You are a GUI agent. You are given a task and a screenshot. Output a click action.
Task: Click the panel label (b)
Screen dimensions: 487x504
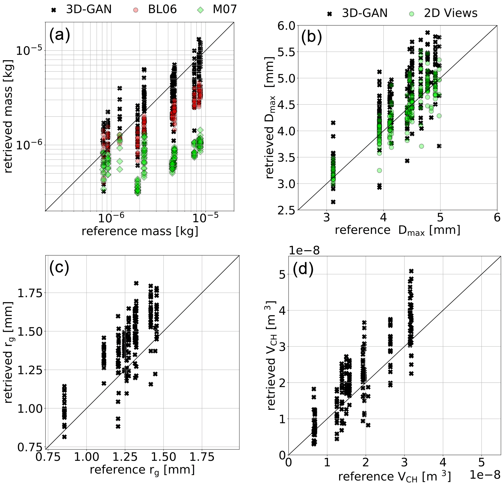[311, 38]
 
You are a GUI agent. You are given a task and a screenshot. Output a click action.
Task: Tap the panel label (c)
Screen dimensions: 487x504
[59, 268]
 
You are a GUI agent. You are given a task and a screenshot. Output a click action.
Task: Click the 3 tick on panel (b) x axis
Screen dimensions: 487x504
[327, 218]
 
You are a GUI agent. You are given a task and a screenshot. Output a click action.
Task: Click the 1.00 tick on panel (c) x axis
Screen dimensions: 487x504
[87, 457]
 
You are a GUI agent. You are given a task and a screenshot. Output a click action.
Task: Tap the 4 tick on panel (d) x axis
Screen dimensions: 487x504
[443, 463]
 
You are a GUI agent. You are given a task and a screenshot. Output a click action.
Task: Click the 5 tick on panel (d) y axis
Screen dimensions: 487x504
[282, 275]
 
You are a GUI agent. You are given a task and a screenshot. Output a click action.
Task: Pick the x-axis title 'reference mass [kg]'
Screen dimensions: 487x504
[140, 231]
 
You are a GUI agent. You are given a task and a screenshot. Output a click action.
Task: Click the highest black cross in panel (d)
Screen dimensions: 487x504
[411, 271]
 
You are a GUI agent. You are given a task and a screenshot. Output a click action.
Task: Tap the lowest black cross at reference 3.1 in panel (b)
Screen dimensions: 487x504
[333, 202]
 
